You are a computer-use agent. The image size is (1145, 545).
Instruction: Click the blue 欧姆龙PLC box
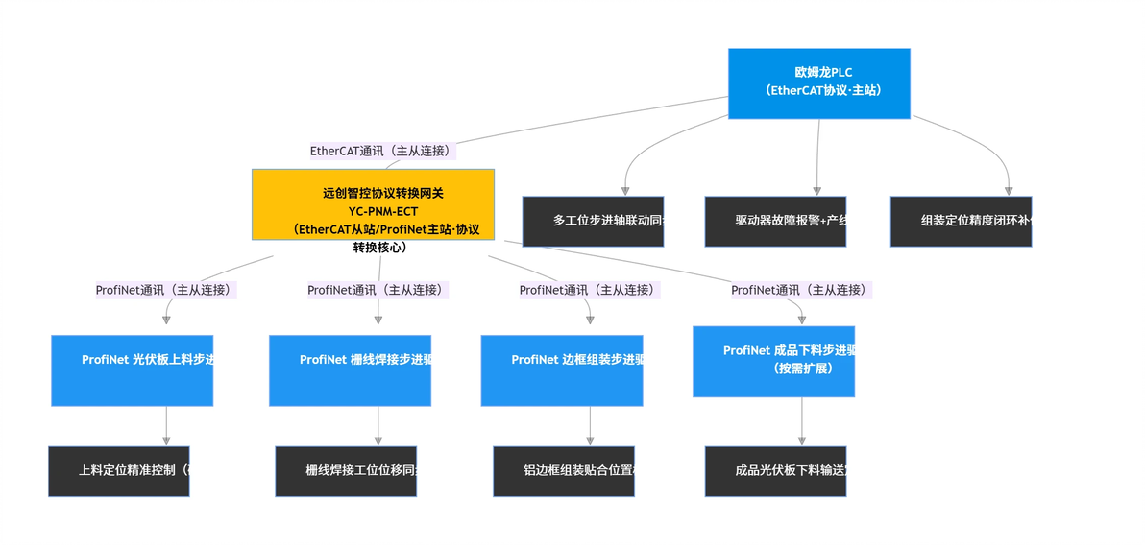coord(818,83)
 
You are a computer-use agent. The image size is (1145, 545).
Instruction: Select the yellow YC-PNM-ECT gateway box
coord(373,204)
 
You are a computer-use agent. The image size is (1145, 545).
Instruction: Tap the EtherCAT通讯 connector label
coord(380,151)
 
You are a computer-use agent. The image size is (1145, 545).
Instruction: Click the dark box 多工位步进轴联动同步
coord(593,222)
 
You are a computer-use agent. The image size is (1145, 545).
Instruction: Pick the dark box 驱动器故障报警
coord(775,222)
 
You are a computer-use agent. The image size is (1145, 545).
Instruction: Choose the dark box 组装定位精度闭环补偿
coord(961,222)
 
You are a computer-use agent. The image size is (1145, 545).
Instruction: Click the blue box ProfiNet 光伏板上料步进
coord(133,370)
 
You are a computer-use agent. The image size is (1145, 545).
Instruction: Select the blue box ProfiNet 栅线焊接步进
coord(350,370)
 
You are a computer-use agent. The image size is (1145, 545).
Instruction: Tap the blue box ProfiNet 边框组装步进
coord(562,370)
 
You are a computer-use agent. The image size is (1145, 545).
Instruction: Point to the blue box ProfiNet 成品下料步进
coord(773,362)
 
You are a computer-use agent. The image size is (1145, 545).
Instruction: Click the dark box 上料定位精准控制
coord(119,471)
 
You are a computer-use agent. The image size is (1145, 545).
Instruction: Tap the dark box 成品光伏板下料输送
coord(775,471)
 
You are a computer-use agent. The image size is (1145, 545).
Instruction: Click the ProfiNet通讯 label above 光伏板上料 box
coord(165,290)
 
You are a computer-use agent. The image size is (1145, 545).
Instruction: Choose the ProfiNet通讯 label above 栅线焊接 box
coord(378,290)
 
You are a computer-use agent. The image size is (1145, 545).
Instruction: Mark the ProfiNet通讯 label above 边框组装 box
coord(590,290)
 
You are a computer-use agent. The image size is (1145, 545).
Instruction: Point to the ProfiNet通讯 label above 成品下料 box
coord(801,290)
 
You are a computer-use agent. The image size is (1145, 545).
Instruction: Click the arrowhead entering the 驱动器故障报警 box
coord(817,191)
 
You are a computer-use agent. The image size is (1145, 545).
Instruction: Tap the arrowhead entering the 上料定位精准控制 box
coord(166,440)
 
